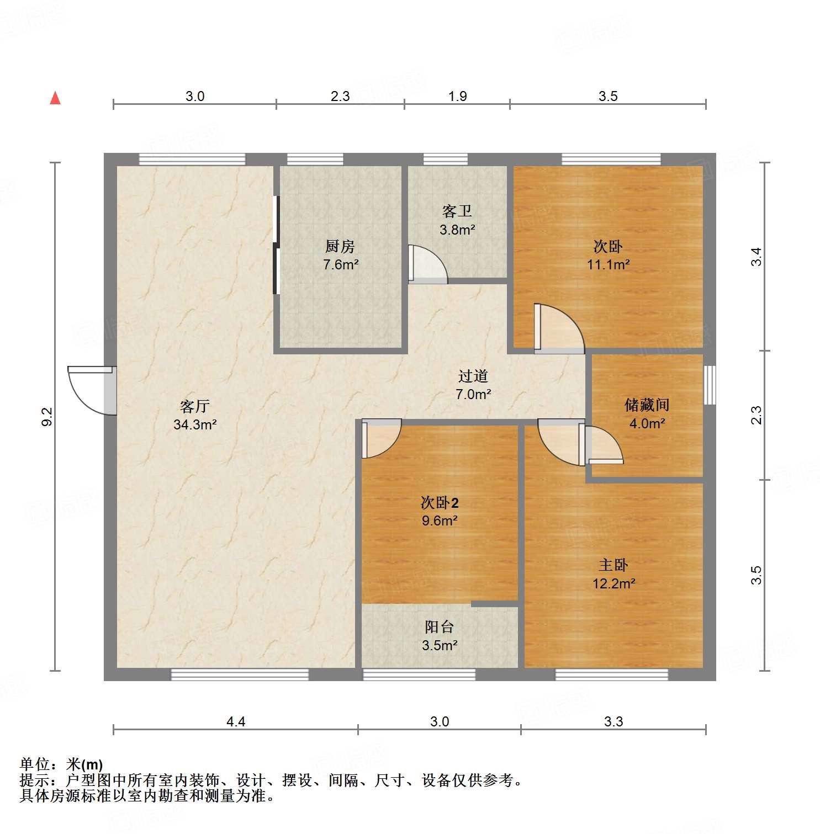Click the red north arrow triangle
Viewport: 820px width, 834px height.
pyautogui.click(x=55, y=98)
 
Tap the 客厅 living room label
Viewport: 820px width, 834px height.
pyautogui.click(x=194, y=407)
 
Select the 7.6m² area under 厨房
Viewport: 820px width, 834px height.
pyautogui.click(x=341, y=265)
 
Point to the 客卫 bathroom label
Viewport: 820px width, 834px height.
pyautogui.click(x=457, y=211)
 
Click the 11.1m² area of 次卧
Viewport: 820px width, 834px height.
pyautogui.click(x=608, y=265)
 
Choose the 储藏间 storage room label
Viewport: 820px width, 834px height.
pyautogui.click(x=647, y=405)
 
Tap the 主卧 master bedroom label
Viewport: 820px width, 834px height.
pyautogui.click(x=613, y=565)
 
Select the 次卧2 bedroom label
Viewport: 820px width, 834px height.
pyautogui.click(x=440, y=503)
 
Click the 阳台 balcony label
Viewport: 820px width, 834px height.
pyautogui.click(x=440, y=627)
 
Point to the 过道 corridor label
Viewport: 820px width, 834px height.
pyautogui.click(x=473, y=376)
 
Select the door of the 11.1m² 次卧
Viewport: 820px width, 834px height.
pyautogui.click(x=559, y=329)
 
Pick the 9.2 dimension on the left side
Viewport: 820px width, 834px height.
pyautogui.click(x=47, y=416)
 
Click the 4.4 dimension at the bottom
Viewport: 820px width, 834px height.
pyautogui.click(x=236, y=721)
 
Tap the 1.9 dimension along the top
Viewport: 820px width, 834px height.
pyautogui.click(x=457, y=97)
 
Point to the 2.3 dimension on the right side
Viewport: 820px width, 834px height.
pyautogui.click(x=756, y=415)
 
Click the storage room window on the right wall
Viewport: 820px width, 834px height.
pyautogui.click(x=710, y=385)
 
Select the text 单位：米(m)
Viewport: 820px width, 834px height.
pyautogui.click(x=61, y=764)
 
